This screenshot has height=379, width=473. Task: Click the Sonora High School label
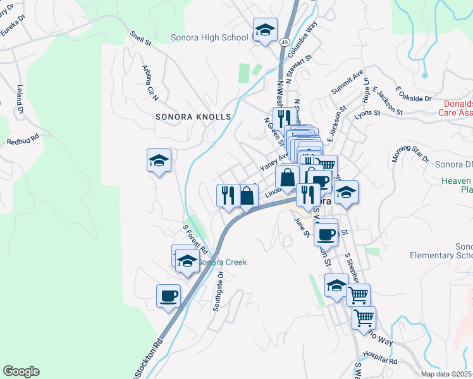click(x=209, y=37)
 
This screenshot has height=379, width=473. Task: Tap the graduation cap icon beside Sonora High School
click(x=265, y=30)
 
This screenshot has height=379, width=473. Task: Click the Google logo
click(x=21, y=371)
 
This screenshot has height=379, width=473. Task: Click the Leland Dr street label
click(x=20, y=100)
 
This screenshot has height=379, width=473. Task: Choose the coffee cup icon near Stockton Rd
click(x=168, y=296)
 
